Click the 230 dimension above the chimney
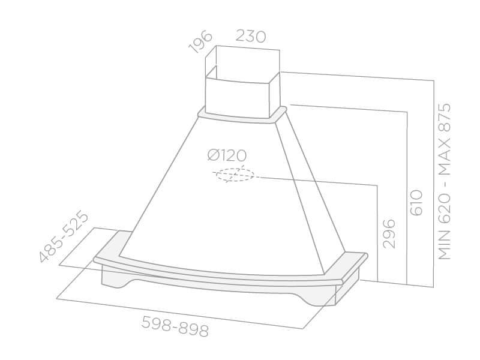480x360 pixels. point(250,37)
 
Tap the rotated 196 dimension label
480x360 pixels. point(200,41)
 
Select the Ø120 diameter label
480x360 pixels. point(227,155)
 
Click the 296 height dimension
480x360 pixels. point(389,233)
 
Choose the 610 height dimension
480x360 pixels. point(416,203)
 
